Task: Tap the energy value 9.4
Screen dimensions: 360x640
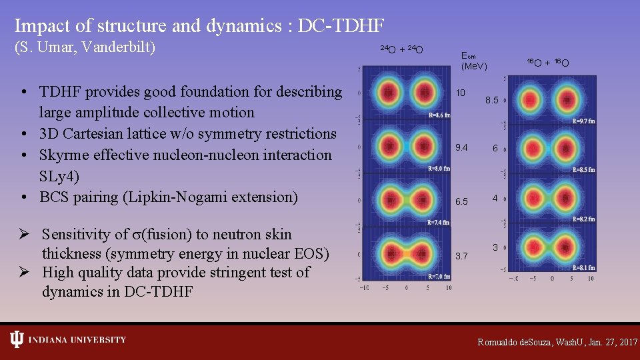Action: (x=461, y=148)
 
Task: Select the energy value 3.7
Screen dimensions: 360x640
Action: (x=461, y=255)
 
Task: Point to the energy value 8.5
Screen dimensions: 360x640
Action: (x=492, y=100)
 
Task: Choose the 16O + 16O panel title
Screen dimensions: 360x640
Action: (x=547, y=63)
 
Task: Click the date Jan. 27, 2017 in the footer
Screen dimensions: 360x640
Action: (x=605, y=342)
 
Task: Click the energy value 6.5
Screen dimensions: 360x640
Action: (x=461, y=201)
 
